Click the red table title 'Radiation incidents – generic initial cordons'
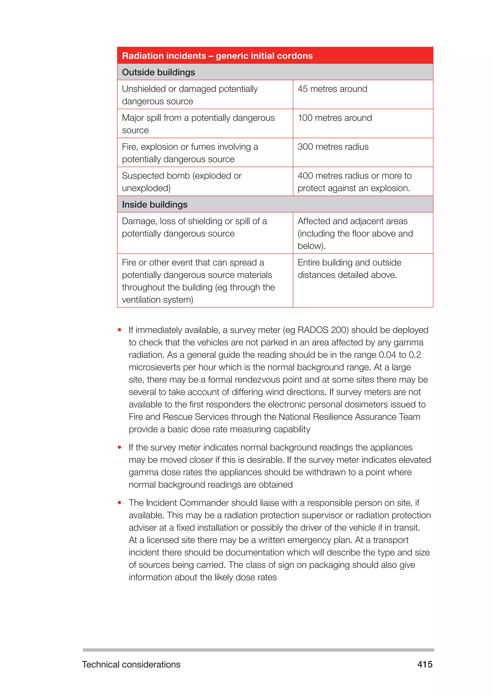217,56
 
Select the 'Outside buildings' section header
159,72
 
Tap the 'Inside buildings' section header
154,205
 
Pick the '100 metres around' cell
335,118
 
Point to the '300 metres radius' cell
333,147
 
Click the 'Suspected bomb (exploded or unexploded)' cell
182,182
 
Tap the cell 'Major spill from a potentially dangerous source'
198,124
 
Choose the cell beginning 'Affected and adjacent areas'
355,233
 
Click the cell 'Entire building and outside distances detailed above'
349,269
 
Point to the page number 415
425,664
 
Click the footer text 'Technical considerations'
131,664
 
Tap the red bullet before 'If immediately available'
120,330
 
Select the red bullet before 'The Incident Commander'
120,503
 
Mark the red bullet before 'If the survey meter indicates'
120,447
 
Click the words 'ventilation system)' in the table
158,299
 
